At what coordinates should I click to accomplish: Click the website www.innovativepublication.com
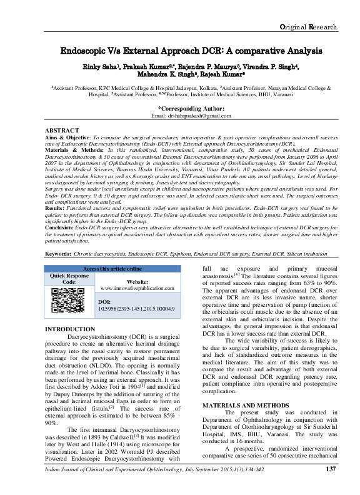(138, 288)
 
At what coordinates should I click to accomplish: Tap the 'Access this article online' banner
(112, 268)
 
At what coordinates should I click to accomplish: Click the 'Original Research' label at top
(309, 27)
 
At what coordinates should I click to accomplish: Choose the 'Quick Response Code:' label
(70, 279)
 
